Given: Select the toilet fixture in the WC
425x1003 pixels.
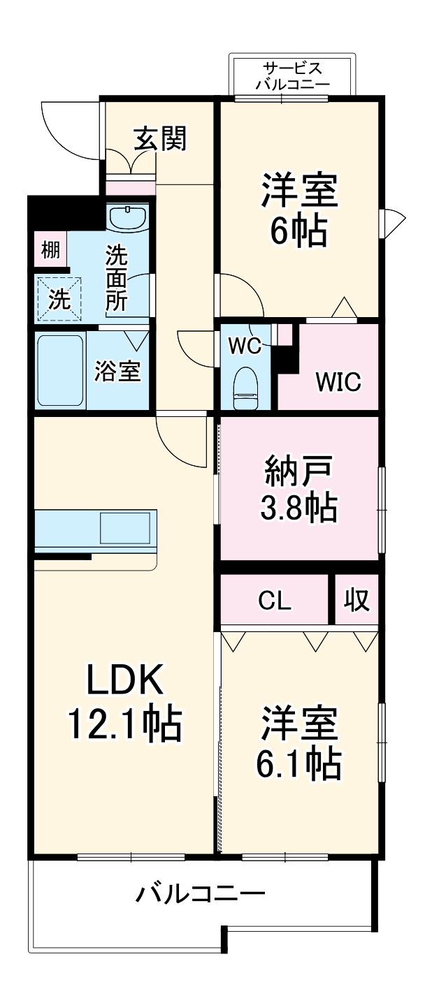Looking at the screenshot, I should [x=245, y=388].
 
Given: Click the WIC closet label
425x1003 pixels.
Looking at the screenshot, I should [x=338, y=382].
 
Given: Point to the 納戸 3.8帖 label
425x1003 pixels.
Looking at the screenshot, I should [x=299, y=489].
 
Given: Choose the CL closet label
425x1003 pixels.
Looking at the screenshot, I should [x=275, y=601].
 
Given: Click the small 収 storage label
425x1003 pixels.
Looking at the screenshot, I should [x=356, y=600].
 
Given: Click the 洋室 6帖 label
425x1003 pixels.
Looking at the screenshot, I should [x=299, y=210].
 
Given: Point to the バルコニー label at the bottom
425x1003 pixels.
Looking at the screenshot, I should [x=201, y=893].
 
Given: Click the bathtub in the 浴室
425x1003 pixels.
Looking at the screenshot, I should [x=60, y=370].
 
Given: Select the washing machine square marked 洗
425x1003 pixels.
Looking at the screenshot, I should [x=59, y=299].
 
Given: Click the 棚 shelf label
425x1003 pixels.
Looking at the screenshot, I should [x=50, y=249].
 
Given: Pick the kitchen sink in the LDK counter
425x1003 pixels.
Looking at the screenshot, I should [x=125, y=528].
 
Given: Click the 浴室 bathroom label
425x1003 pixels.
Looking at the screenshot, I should [x=118, y=372].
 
